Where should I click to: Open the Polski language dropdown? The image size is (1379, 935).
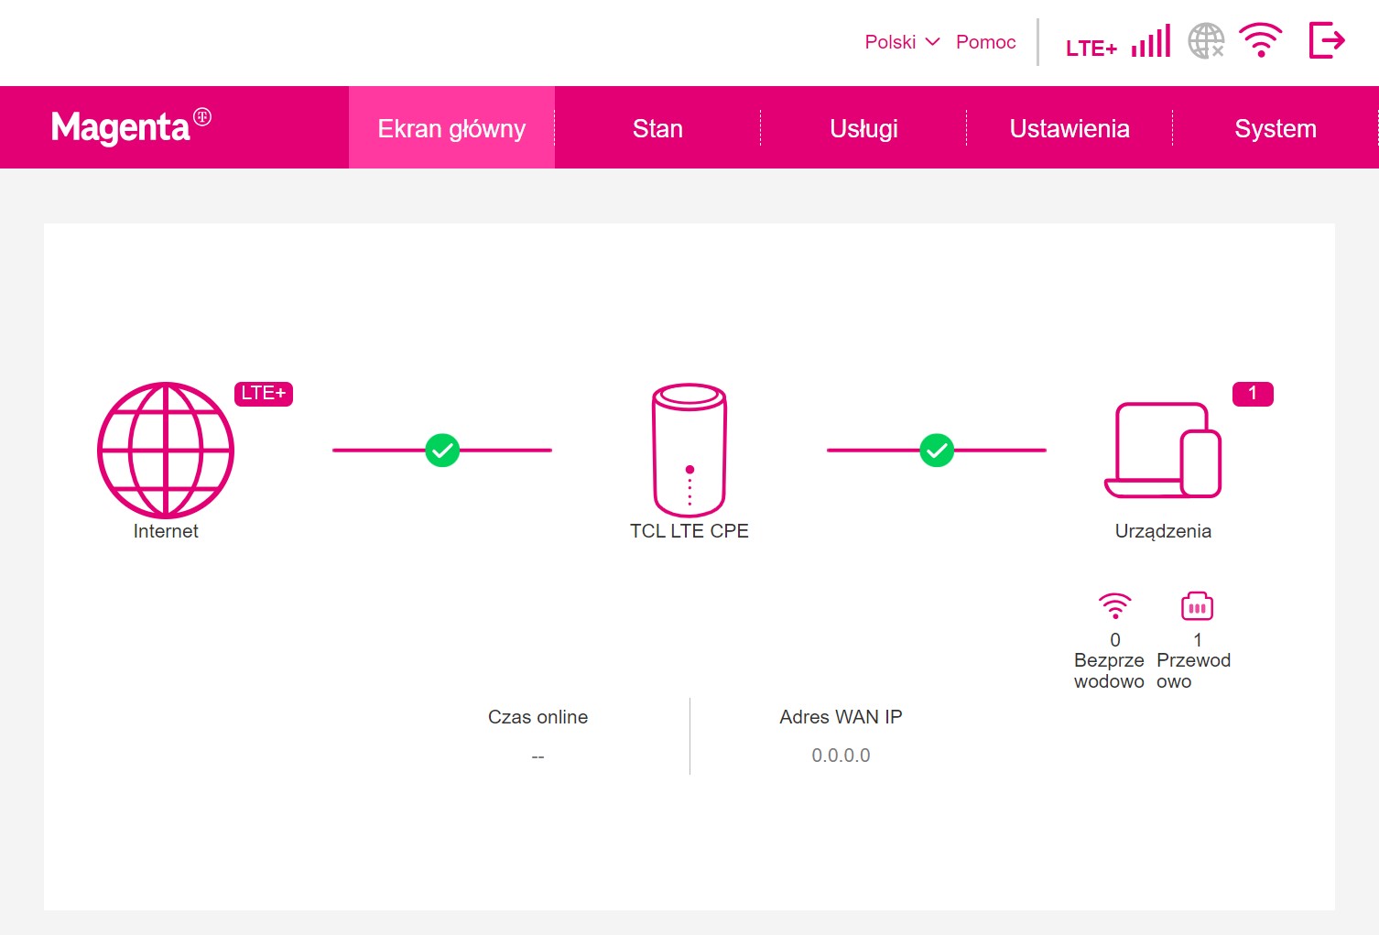click(902, 42)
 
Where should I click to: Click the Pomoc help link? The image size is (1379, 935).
click(985, 42)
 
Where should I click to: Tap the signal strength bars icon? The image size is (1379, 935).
click(1151, 41)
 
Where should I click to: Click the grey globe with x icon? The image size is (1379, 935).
click(1205, 41)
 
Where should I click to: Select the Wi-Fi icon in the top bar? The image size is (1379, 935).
click(1261, 40)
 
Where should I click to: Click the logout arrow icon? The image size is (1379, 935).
click(1327, 40)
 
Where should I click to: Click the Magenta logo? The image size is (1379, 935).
click(131, 126)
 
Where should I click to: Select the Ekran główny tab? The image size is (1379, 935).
click(451, 127)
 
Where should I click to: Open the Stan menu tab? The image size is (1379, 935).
click(657, 127)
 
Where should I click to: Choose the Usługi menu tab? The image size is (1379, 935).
click(863, 127)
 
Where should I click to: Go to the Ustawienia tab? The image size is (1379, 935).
click(1070, 127)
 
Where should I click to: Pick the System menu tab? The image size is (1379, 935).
click(1276, 127)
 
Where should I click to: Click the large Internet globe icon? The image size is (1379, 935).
click(166, 450)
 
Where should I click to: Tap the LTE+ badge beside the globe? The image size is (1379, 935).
click(264, 394)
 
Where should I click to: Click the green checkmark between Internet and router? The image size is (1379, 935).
click(442, 450)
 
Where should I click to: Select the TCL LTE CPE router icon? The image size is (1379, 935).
click(689, 450)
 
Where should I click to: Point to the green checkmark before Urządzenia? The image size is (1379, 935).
click(937, 450)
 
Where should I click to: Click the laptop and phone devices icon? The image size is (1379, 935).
click(1162, 450)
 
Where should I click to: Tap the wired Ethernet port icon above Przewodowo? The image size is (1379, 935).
click(1197, 606)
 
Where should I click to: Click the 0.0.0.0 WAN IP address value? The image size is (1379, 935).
click(841, 756)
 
